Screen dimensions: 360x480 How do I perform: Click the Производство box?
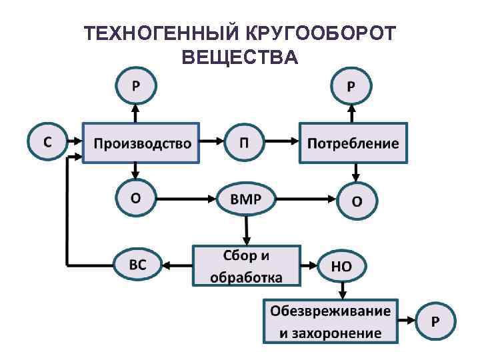[x=141, y=143]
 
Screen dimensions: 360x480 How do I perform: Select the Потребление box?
[x=353, y=143]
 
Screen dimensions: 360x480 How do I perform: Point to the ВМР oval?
[x=245, y=198]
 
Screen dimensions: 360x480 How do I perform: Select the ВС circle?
[x=138, y=265]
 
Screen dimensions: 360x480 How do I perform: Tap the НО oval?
[x=342, y=265]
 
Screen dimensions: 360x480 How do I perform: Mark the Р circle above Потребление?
[x=351, y=86]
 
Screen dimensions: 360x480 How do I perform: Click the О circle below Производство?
[x=135, y=198]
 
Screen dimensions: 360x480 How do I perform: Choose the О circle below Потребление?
[x=357, y=199]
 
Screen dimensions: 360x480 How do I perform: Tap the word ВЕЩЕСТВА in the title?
[x=239, y=58]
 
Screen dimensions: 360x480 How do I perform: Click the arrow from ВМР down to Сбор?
[x=246, y=230]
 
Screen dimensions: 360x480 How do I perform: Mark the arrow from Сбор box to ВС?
[x=177, y=265]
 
